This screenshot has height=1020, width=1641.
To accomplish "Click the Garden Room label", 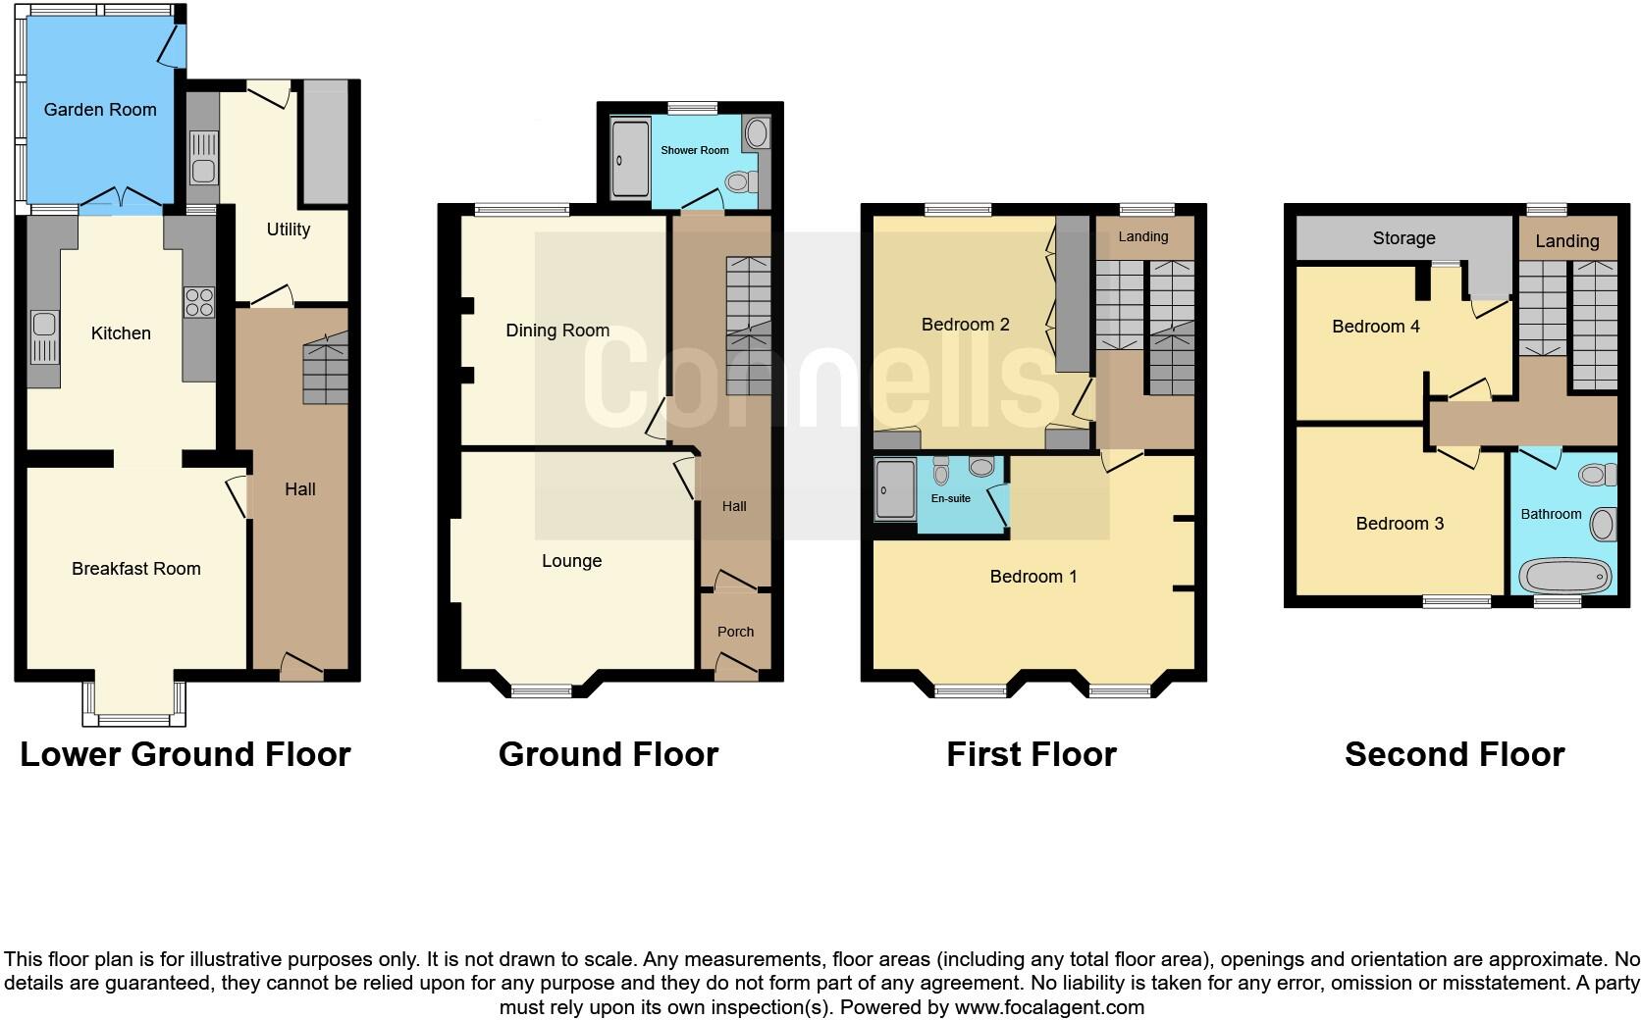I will point(100,110).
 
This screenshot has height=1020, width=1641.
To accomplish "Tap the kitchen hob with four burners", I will point(199,301).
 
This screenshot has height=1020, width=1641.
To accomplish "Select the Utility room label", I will point(288,229).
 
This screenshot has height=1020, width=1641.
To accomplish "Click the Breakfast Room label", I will point(135,569).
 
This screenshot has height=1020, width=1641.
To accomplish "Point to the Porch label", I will point(735,632).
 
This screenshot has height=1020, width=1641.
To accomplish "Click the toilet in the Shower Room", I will point(737,182).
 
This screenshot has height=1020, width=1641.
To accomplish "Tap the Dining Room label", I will point(556,331).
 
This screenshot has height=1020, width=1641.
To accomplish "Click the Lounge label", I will point(571,561).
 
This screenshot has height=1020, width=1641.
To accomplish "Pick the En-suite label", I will point(950,498).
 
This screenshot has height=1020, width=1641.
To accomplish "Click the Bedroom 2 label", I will point(965,325).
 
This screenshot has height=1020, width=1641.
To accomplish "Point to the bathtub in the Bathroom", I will point(1565,576).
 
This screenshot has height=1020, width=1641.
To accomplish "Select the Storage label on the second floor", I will point(1403,238).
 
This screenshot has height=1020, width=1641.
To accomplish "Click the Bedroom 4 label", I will point(1375,327).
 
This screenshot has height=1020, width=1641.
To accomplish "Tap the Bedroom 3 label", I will point(1399,524).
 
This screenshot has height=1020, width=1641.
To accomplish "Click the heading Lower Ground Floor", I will point(185,754).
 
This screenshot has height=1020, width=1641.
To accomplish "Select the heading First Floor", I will point(1031,754).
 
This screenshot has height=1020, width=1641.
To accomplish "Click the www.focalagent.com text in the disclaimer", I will point(1048,1007).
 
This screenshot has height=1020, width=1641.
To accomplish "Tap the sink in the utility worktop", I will point(203,169).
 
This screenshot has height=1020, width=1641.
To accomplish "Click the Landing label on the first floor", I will point(1142,236).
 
